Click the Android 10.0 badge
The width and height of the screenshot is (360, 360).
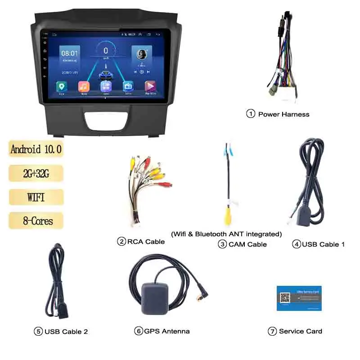click(36, 149)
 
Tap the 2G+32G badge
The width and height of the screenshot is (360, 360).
click(36, 173)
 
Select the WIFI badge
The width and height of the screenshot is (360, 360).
click(36, 197)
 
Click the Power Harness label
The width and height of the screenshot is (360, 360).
click(283, 114)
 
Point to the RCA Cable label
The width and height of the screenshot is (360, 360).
click(146, 242)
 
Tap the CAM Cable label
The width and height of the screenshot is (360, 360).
click(247, 244)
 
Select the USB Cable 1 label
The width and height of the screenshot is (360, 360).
click(323, 244)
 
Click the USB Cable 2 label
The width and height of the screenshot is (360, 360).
click(66, 332)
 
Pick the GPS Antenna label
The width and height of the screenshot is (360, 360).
click(166, 331)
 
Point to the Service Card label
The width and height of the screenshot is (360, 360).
click(300, 331)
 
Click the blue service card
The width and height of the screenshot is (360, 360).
click(299, 297)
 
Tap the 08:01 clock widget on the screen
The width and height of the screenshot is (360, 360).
click(70, 54)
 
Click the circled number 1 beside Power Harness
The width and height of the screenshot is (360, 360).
click(251, 114)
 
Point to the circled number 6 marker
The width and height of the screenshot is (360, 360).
click(139, 331)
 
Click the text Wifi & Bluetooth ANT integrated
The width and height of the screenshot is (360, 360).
click(226, 234)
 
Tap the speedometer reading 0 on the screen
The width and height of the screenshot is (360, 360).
click(106, 51)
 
